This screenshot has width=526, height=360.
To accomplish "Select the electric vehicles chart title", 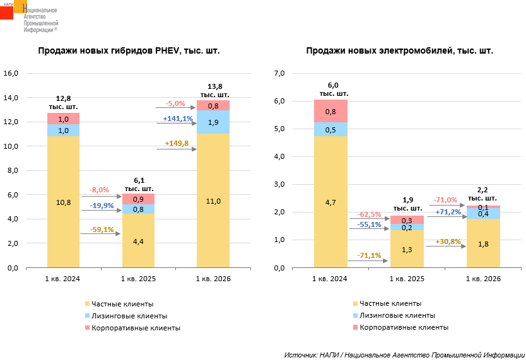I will (x=399, y=51).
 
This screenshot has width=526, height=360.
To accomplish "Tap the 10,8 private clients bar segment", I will (x=63, y=202).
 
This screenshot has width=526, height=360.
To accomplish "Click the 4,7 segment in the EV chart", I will (x=330, y=202).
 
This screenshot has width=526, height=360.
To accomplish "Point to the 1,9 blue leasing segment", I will (x=213, y=122).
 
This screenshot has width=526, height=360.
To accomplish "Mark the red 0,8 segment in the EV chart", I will (x=330, y=112).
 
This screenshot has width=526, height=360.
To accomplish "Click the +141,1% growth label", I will (x=178, y=119).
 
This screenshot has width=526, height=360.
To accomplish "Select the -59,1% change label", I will (x=102, y=229).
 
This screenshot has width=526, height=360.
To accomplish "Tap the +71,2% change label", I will (x=448, y=212).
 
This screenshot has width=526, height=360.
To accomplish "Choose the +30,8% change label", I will (x=448, y=241).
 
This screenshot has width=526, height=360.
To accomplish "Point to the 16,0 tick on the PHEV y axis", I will (x=13, y=73).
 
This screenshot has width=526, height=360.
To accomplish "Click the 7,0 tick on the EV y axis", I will (x=278, y=73).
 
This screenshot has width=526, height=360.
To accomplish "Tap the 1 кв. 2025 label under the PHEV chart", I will (x=138, y=278).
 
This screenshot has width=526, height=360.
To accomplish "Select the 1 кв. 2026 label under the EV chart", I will (x=483, y=278).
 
